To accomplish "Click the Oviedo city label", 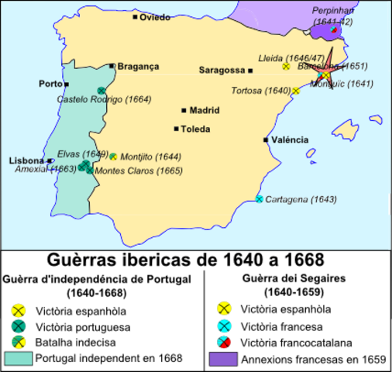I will (154, 17).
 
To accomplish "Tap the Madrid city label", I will (204, 110).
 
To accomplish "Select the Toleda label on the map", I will (194, 129).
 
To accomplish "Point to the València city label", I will (290, 140).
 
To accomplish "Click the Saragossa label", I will (221, 70).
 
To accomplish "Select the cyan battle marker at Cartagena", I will (259, 199).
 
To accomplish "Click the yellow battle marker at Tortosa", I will (296, 91).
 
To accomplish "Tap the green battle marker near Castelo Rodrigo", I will (101, 90).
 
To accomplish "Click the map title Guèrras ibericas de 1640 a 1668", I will (196, 257).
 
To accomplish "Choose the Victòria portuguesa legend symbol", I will (19, 325).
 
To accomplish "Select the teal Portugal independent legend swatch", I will (18, 358).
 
